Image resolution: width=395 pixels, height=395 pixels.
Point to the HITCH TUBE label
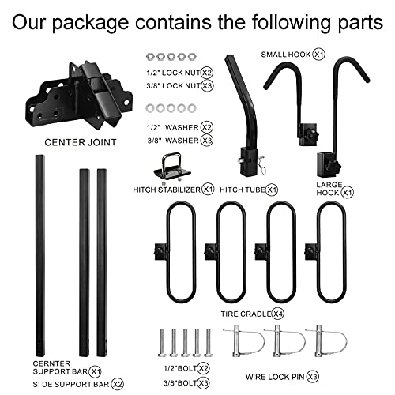point(246,190)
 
